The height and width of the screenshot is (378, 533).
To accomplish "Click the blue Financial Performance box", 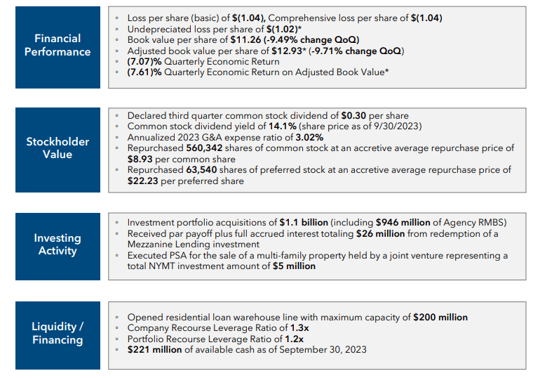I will point(58,46).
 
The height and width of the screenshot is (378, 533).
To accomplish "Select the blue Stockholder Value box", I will point(58,148).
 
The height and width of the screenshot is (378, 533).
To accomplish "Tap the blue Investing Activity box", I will point(58,245).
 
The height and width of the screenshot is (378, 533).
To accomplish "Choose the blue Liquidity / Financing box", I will point(58,334).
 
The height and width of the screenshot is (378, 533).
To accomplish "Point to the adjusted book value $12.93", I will point(288,51).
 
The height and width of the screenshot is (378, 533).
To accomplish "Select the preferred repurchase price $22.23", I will point(144,181).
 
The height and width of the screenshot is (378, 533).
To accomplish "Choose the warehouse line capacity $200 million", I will point(440,317).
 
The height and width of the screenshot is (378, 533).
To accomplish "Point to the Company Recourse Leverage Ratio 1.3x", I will point(299,328).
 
